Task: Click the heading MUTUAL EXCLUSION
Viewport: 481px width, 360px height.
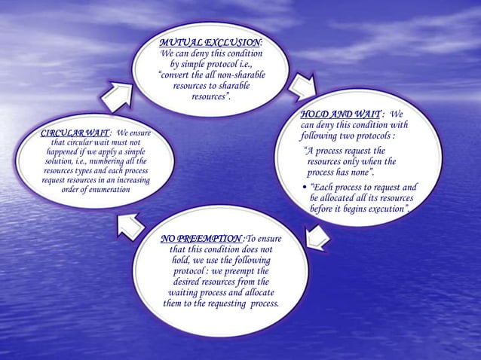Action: (x=210, y=42)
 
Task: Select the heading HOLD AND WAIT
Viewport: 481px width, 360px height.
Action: (x=335, y=114)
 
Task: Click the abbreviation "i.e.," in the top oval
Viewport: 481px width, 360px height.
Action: (x=240, y=64)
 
